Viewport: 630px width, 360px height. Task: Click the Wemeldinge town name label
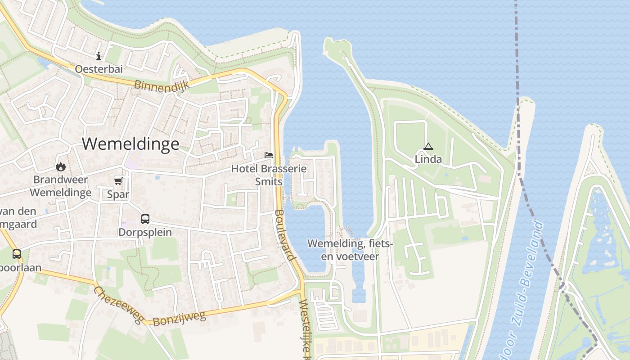coord(130,144)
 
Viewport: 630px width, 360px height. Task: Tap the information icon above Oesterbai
coord(99,56)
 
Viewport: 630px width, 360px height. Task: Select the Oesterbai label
coord(99,69)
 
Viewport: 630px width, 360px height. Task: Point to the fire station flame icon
coord(61,167)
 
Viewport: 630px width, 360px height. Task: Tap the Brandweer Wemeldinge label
coord(61,186)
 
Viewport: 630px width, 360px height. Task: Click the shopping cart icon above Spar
coord(118,181)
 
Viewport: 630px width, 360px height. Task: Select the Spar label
coord(118,195)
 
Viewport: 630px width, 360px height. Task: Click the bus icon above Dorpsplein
coord(145,219)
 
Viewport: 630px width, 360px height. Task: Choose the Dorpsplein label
coord(145,233)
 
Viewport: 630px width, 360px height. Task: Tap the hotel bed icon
coord(269,155)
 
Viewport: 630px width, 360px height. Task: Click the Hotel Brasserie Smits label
coord(269,175)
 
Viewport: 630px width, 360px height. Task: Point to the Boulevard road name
coord(285,235)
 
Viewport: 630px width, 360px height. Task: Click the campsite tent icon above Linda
coord(428,146)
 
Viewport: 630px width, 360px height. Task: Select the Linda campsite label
coord(428,160)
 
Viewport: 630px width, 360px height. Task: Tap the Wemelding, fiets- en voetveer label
coord(350,250)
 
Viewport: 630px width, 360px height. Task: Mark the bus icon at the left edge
coord(17,254)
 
